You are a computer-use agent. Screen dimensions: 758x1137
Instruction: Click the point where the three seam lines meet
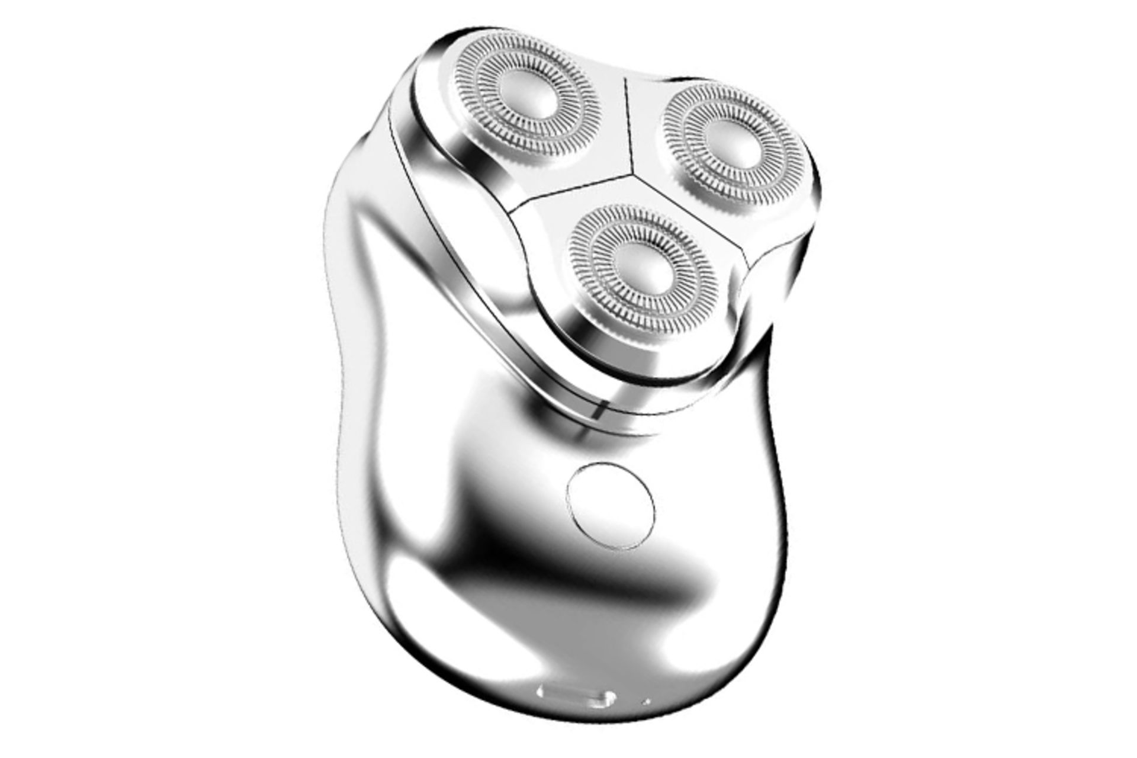[634, 174]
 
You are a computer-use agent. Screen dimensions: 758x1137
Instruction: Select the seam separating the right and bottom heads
[687, 207]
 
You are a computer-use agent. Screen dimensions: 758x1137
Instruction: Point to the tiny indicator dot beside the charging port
[647, 702]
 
